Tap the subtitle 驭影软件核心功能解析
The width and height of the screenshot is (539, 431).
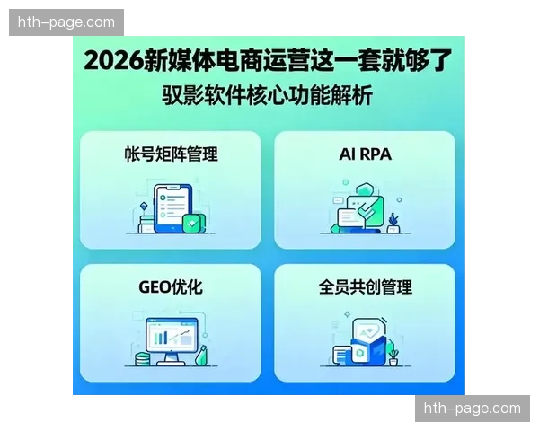(268, 94)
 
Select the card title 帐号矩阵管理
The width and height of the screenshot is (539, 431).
(171, 154)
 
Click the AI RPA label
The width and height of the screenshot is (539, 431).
(365, 154)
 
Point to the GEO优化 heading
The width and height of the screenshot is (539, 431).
(171, 287)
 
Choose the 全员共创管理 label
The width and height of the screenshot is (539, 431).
(365, 287)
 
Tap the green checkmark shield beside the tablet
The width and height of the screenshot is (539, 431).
(192, 222)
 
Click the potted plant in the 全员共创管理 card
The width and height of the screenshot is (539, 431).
(393, 356)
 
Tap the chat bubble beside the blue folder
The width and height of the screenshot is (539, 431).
(340, 354)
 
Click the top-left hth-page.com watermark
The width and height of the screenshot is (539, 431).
(67, 22)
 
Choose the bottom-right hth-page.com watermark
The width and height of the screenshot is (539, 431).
(471, 409)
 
